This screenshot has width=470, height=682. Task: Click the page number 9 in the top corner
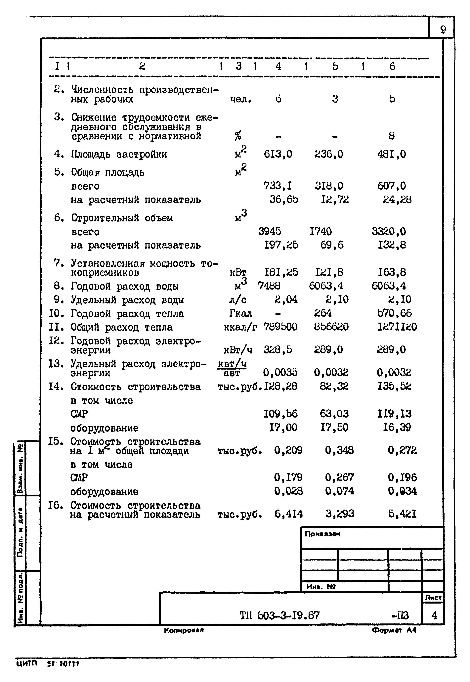click(x=443, y=29)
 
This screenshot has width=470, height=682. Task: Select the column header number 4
click(x=278, y=66)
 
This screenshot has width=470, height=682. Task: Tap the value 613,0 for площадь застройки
click(x=278, y=154)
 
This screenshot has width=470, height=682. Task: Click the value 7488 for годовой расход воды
click(x=269, y=286)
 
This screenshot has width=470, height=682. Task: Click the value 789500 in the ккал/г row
click(x=280, y=327)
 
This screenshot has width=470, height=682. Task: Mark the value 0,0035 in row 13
click(x=280, y=373)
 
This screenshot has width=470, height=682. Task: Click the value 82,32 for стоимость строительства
click(x=334, y=386)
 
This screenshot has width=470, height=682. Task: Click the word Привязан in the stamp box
click(x=322, y=534)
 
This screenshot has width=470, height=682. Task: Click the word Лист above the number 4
click(x=433, y=597)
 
